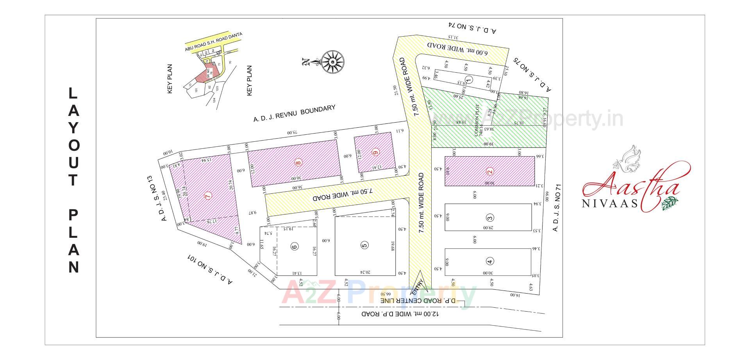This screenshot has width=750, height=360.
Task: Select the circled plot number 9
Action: [375, 152]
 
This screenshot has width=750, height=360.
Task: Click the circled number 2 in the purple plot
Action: [489, 171]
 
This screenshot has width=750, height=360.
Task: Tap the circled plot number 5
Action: [364, 245]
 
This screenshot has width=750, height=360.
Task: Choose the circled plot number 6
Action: [295, 246]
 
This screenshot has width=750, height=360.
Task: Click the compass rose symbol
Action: [332, 61]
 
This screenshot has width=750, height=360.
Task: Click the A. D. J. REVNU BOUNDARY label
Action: [294, 114]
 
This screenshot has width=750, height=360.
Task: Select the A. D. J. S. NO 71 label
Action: [557, 208]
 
